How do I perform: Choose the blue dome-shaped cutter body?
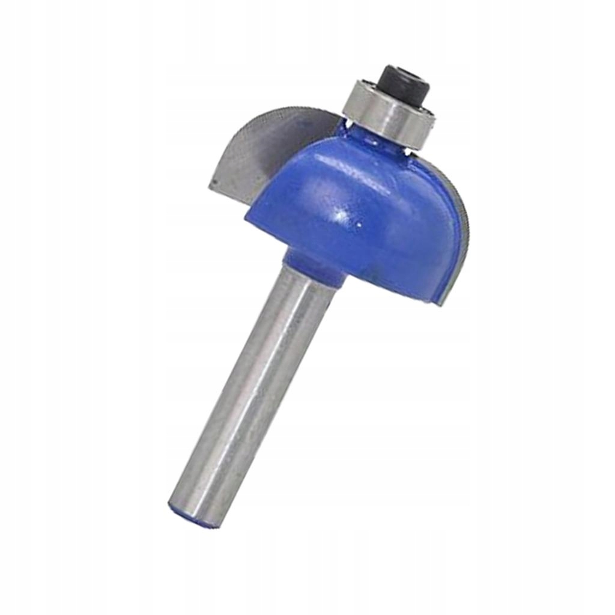360,216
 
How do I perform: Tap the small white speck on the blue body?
359,223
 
